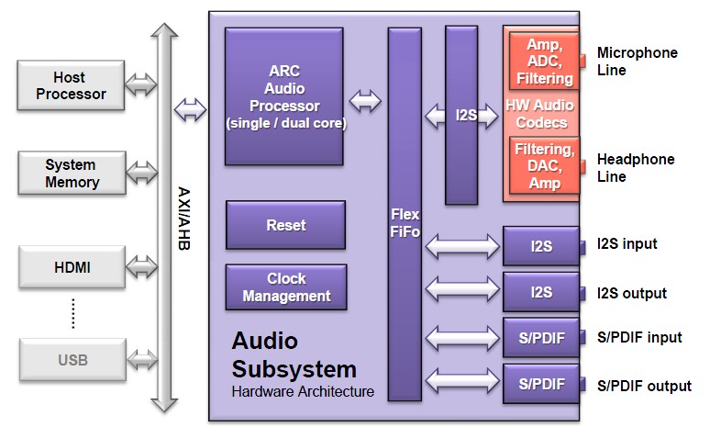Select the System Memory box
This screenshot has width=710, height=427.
[71, 174]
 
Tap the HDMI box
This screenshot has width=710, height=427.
[71, 268]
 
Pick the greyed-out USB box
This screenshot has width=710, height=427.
[71, 360]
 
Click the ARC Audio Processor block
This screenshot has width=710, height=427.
[285, 96]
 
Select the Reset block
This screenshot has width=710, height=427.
[285, 225]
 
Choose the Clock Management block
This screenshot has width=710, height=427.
[286, 287]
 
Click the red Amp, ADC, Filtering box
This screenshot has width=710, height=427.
[544, 62]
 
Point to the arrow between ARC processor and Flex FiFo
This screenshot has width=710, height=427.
[365, 100]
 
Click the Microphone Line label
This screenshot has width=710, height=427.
[637, 62]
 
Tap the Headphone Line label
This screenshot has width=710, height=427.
[635, 168]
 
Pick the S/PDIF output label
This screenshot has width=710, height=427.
[644, 386]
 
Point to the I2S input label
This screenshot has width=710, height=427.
[627, 244]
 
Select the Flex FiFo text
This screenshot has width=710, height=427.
[404, 223]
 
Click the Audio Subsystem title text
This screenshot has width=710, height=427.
[293, 355]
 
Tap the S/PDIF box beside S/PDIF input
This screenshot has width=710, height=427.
[541, 339]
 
